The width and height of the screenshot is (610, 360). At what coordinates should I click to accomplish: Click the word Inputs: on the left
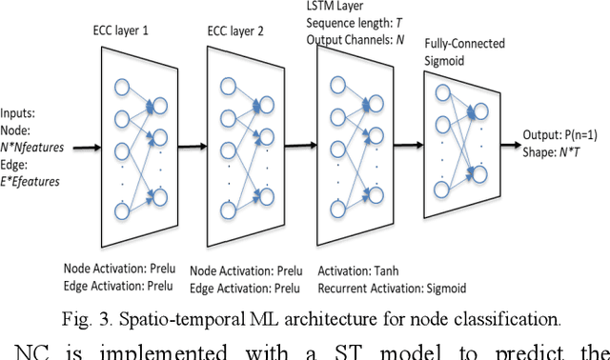click(21, 114)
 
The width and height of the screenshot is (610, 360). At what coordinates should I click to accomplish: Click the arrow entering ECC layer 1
click(81, 149)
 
